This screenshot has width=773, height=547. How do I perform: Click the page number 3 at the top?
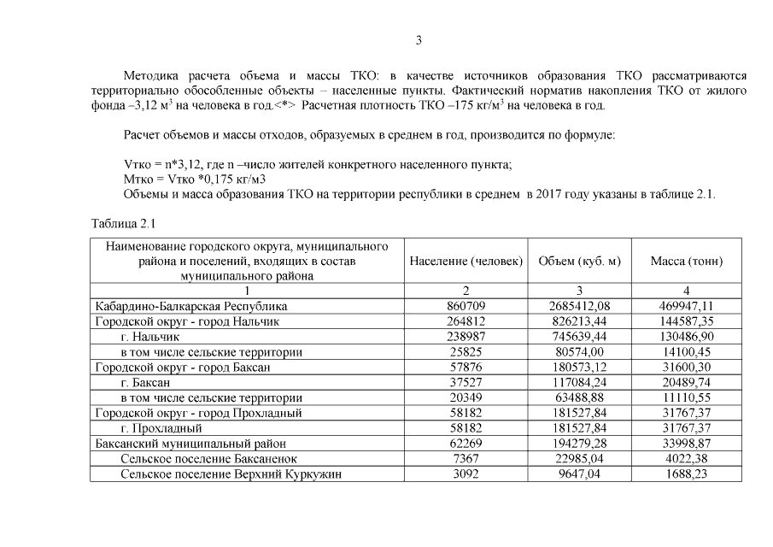(x=419, y=41)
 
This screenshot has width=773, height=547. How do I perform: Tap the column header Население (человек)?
(x=466, y=262)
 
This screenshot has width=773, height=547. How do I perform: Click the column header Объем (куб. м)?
(x=579, y=262)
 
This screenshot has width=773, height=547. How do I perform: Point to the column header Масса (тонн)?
(x=686, y=262)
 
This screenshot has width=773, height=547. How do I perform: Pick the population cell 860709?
(x=466, y=306)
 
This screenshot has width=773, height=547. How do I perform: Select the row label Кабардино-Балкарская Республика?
(x=191, y=306)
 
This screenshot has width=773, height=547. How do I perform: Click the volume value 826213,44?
(x=579, y=321)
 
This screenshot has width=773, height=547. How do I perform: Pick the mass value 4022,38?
(x=686, y=459)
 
